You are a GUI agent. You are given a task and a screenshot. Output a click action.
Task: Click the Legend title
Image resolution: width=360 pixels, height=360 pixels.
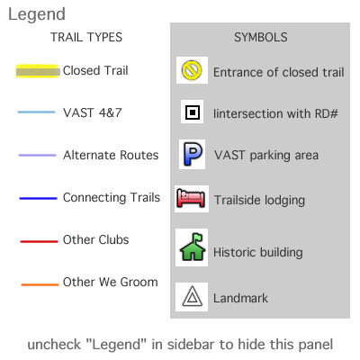tap(37, 14)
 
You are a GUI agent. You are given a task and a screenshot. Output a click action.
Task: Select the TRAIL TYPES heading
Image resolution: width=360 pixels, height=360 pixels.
tap(86, 37)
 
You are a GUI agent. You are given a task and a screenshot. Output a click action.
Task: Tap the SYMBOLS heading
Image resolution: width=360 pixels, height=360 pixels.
tap(261, 37)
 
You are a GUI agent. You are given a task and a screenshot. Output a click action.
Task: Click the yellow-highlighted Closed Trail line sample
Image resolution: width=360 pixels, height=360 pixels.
tap(38, 71)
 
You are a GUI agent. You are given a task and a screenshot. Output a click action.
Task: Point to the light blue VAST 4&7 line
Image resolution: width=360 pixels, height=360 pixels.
tap(36, 112)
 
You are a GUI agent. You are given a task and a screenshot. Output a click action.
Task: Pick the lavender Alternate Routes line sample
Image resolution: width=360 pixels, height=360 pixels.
tap(37, 155)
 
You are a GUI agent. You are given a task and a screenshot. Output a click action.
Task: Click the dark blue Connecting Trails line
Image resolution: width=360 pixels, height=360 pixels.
tap(38, 198)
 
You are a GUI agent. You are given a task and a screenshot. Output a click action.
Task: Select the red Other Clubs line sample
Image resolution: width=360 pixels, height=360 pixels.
tap(39, 241)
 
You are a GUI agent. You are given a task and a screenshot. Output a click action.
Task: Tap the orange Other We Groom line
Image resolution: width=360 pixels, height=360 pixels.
tap(40, 284)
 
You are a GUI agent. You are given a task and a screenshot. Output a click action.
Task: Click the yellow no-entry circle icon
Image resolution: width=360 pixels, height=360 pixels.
tap(192, 70)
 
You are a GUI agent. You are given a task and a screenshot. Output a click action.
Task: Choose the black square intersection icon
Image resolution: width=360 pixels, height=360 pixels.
tap(193, 112)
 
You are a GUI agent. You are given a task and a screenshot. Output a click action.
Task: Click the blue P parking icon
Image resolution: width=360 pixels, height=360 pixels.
tap(193, 154)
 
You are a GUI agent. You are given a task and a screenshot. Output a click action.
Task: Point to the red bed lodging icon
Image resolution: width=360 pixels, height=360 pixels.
tap(191, 198)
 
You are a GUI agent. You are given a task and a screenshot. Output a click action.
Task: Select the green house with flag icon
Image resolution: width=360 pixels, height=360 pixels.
tap(193, 247)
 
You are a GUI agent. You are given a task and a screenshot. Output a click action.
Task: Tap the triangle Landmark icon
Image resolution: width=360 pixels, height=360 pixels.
tap(192, 296)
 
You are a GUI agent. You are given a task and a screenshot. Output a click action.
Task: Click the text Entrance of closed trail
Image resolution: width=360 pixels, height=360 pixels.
tap(279, 72)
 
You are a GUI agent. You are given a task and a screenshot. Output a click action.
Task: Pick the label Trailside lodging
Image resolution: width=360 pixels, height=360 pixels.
tap(259, 201)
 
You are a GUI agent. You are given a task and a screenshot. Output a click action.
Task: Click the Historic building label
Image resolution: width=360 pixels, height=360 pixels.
tap(258, 252)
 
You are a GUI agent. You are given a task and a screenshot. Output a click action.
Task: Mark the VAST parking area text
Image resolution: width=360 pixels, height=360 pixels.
tap(266, 156)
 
